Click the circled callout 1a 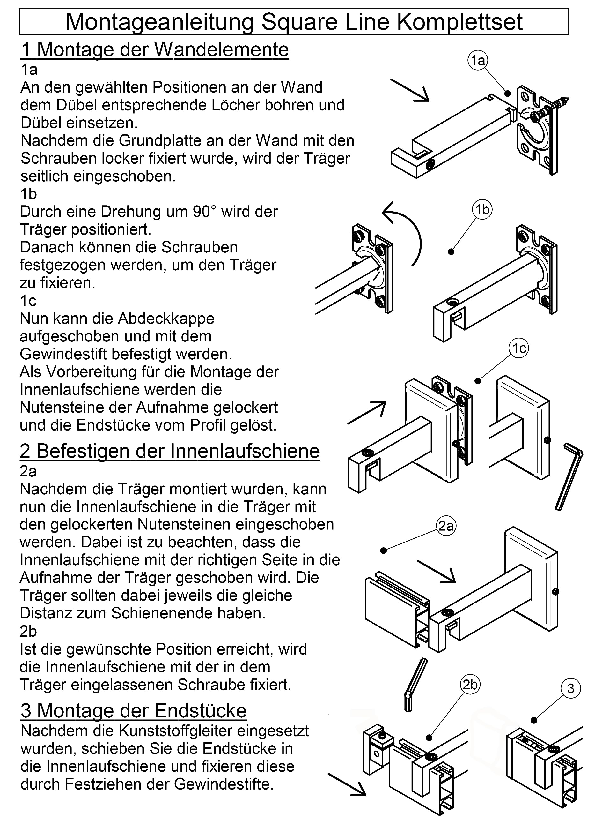478,61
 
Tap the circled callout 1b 482,209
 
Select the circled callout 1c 519,348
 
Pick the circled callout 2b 470,684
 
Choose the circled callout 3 570,688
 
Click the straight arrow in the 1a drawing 410,90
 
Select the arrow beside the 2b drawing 347,784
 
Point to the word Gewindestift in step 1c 63,354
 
